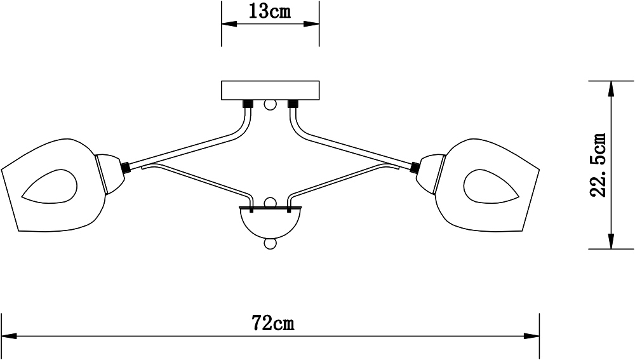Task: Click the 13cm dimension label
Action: [x=270, y=11]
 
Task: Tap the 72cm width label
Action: [x=272, y=323]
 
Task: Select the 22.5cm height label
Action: [x=599, y=165]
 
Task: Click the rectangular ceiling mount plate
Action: [x=270, y=91]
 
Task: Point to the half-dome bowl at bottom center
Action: [x=270, y=223]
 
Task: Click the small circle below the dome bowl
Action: [x=270, y=244]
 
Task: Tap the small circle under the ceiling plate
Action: [x=270, y=106]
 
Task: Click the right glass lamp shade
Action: [x=487, y=186]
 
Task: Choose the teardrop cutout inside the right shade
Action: [x=491, y=186]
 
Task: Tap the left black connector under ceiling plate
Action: [x=248, y=104]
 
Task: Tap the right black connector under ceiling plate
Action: [x=293, y=104]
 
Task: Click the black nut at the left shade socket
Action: [x=126, y=167]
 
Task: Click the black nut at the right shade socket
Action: [x=414, y=167]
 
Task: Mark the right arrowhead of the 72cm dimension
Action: [x=531, y=336]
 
